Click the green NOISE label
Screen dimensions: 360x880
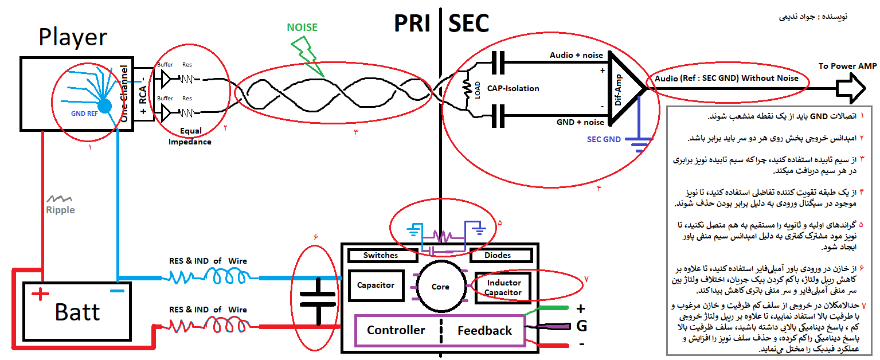coord(302,27)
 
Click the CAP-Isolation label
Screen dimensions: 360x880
coord(513,88)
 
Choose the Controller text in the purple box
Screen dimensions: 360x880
coord(396,330)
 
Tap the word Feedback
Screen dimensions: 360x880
coord(484,331)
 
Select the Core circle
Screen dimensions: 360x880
coord(440,286)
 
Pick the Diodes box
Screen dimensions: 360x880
coord(498,255)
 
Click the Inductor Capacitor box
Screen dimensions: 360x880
coord(503,288)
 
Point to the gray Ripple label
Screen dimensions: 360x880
coord(60,210)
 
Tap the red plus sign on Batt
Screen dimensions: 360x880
coord(40,295)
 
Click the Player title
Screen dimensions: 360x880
coord(73,37)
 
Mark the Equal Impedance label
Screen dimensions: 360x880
coord(190,136)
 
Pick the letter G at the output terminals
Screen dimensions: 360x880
coord(581,326)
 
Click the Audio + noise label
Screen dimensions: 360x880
coord(576,55)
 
